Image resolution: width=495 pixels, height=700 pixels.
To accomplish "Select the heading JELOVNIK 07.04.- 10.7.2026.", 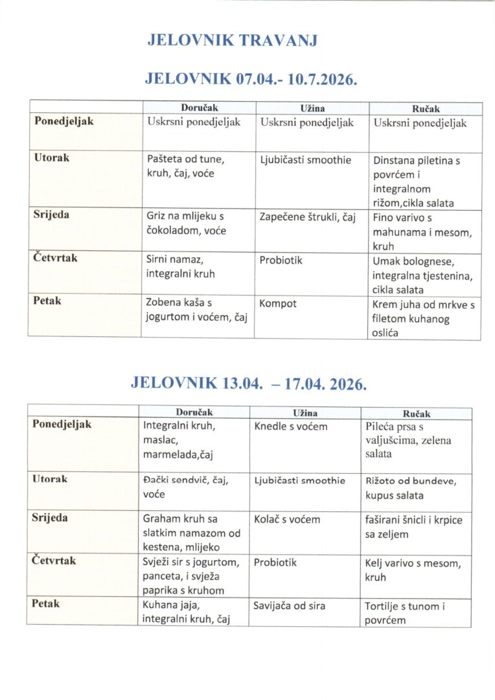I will [251, 79].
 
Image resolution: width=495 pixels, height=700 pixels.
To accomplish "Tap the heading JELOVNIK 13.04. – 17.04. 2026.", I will [249, 382].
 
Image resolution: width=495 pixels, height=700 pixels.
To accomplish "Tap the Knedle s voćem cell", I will [290, 426].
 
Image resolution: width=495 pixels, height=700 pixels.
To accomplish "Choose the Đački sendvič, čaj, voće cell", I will [185, 487].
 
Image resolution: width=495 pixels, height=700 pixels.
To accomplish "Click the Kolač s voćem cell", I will [287, 519].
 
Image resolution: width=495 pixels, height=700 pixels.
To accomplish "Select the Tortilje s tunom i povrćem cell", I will [414, 613].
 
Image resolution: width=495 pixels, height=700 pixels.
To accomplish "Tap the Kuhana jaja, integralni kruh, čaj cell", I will [186, 612].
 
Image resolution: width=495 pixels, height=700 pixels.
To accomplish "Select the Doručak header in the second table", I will [194, 412].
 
